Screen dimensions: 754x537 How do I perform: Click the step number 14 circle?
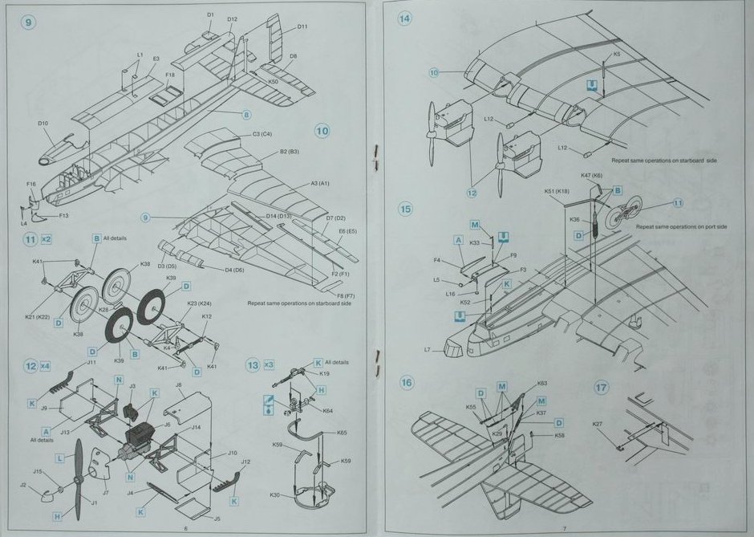(405, 18)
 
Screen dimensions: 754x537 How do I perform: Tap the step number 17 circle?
(602, 386)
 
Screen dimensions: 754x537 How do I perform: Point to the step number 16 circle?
(407, 383)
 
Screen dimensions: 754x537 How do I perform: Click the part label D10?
(43, 123)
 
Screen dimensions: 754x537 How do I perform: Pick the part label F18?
(170, 75)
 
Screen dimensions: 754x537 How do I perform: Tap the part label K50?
(274, 81)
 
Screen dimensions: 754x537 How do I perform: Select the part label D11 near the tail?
(302, 27)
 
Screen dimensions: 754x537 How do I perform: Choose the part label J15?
(37, 471)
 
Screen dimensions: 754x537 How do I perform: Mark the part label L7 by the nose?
(428, 349)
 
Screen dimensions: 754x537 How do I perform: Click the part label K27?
(597, 424)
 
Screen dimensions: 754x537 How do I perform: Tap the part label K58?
(559, 435)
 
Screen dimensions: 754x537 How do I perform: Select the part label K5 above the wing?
(616, 55)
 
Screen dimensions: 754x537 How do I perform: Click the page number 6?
(185, 528)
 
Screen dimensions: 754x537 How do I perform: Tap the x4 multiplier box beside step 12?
(51, 366)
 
